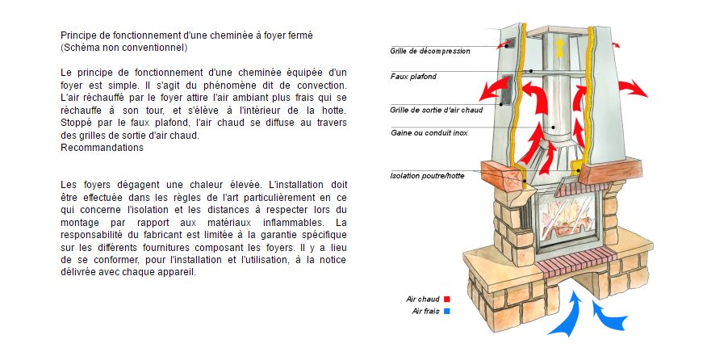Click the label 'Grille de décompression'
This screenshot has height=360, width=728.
point(429,51)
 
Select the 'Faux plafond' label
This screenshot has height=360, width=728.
point(413,77)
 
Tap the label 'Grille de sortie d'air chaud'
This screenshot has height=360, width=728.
point(436,109)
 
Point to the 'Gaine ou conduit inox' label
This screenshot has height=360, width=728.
point(429,132)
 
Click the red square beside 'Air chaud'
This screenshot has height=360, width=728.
point(446,299)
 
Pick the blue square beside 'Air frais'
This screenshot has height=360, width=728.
point(446,311)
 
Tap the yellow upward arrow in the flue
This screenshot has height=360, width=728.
point(558,46)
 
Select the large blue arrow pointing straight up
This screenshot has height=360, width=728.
point(572,315)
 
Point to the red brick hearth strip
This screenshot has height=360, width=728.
point(573,264)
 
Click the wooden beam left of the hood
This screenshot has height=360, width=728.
point(502,173)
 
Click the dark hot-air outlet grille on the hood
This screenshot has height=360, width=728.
point(506,91)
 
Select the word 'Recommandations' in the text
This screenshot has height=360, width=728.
point(102,148)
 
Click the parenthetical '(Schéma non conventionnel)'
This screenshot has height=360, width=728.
point(123,48)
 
